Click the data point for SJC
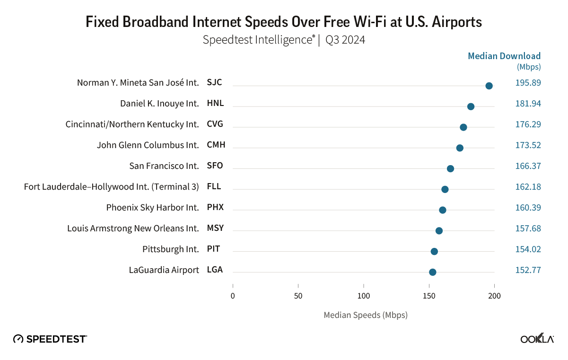point(489,86)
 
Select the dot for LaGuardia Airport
point(432,272)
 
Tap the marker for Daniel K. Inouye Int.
point(471,106)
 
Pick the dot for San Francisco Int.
point(450,169)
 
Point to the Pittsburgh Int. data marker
point(434,251)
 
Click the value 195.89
point(528,83)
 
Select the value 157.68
point(528,228)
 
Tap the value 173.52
point(528,145)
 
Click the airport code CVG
point(215,124)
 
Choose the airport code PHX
point(215,208)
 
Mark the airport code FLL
point(214,187)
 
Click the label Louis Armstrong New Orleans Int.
point(133,228)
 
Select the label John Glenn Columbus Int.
point(148,145)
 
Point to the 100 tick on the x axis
point(364,296)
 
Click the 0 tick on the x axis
point(233,296)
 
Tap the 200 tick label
point(494,296)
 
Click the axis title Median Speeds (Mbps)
point(365,315)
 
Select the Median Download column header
point(504,56)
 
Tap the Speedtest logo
point(50,339)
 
